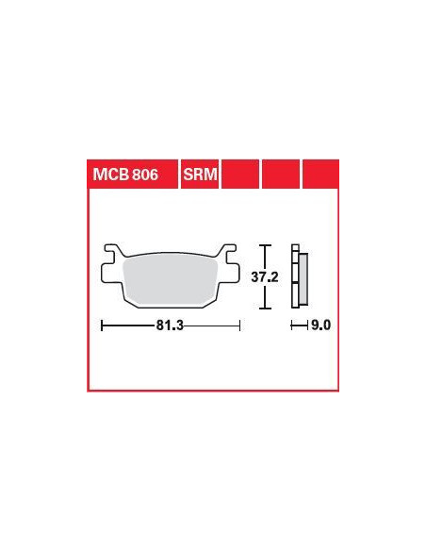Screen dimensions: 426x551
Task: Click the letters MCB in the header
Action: pyautogui.click(x=107, y=175)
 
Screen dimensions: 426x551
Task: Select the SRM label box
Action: pyautogui.click(x=200, y=174)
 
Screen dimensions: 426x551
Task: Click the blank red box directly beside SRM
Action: pyautogui.click(x=240, y=174)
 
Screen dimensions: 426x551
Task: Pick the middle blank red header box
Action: pyautogui.click(x=281, y=174)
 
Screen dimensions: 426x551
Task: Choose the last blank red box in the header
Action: pyautogui.click(x=320, y=174)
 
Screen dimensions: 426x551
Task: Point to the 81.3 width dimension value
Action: pyautogui.click(x=170, y=326)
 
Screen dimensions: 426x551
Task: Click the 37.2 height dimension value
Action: pyautogui.click(x=265, y=277)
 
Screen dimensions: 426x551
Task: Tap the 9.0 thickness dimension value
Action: pyautogui.click(x=321, y=326)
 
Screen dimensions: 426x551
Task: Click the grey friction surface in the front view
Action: pyautogui.click(x=171, y=279)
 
